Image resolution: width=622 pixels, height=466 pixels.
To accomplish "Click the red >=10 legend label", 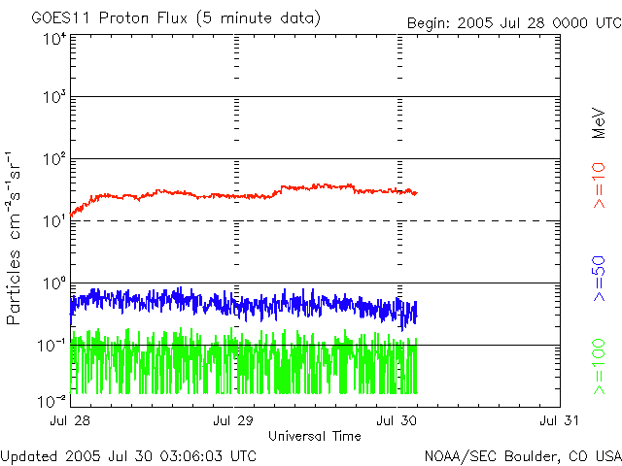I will coord(600,185).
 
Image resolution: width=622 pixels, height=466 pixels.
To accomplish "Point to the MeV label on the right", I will coord(600,121).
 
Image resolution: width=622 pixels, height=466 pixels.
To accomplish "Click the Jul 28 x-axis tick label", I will coord(70,420).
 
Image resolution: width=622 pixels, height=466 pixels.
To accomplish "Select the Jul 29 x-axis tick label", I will coord(233,420).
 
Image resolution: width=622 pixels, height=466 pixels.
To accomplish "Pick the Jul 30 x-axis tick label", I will coord(397,420).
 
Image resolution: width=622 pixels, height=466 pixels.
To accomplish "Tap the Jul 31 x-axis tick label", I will coord(560,420).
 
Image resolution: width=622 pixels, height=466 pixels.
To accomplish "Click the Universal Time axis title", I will coord(315,435).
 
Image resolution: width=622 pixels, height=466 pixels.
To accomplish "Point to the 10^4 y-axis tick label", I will coord(53,39).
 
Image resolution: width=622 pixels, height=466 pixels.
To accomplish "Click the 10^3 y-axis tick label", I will coord(53,98).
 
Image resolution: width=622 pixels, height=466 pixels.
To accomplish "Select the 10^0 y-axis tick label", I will coord(53,284).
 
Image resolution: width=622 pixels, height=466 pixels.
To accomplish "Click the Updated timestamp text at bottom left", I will coord(129,454).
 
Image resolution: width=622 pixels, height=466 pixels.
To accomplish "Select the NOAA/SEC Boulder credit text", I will coord(522,454).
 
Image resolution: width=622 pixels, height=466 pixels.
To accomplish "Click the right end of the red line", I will coord(417,192).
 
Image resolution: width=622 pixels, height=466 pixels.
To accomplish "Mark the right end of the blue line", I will coord(417,309).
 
